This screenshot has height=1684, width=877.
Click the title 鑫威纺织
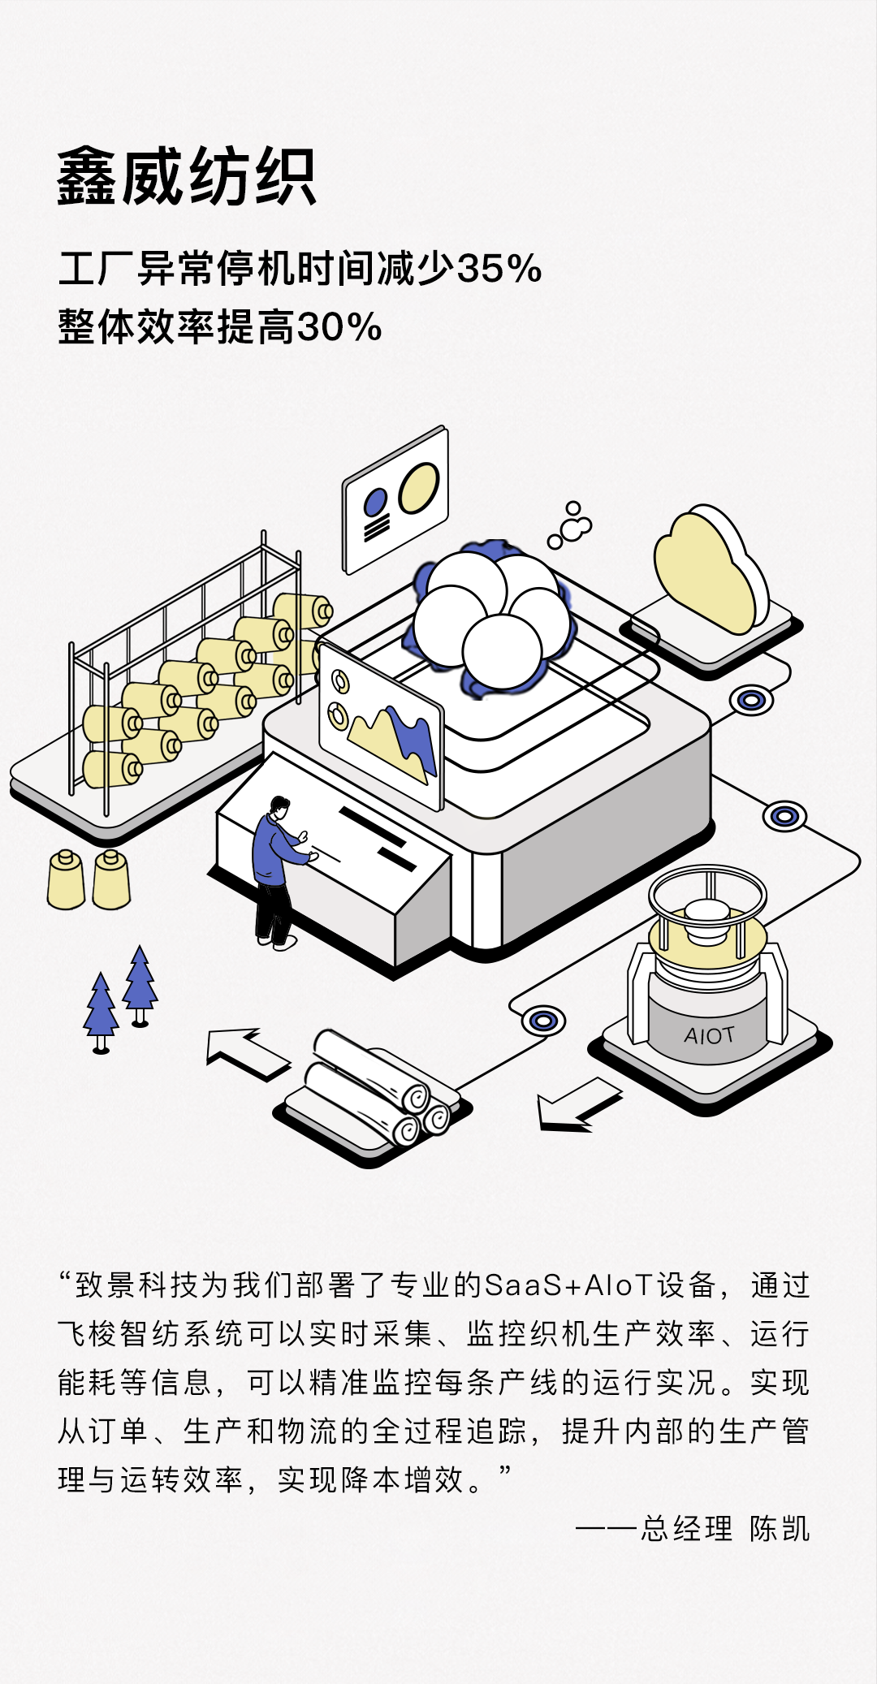pos(186,177)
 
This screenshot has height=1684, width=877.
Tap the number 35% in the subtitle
pos(499,269)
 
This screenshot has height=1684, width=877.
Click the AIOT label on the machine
pos(709,1035)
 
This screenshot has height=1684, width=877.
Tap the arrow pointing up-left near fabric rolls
pos(248,1054)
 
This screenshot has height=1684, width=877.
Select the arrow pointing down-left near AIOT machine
pos(578,1104)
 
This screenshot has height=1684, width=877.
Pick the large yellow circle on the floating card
pos(419,487)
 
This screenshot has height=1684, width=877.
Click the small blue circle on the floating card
pos(375,503)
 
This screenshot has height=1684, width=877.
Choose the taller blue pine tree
pos(140,985)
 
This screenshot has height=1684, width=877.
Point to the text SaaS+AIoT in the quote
pos(568,1285)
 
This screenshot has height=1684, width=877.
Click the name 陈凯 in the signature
pos(780,1529)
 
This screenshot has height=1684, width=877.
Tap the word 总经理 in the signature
pos(687,1529)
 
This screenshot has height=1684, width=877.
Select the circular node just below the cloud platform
pos(751,700)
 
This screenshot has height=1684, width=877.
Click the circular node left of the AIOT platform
pos(543,1021)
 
